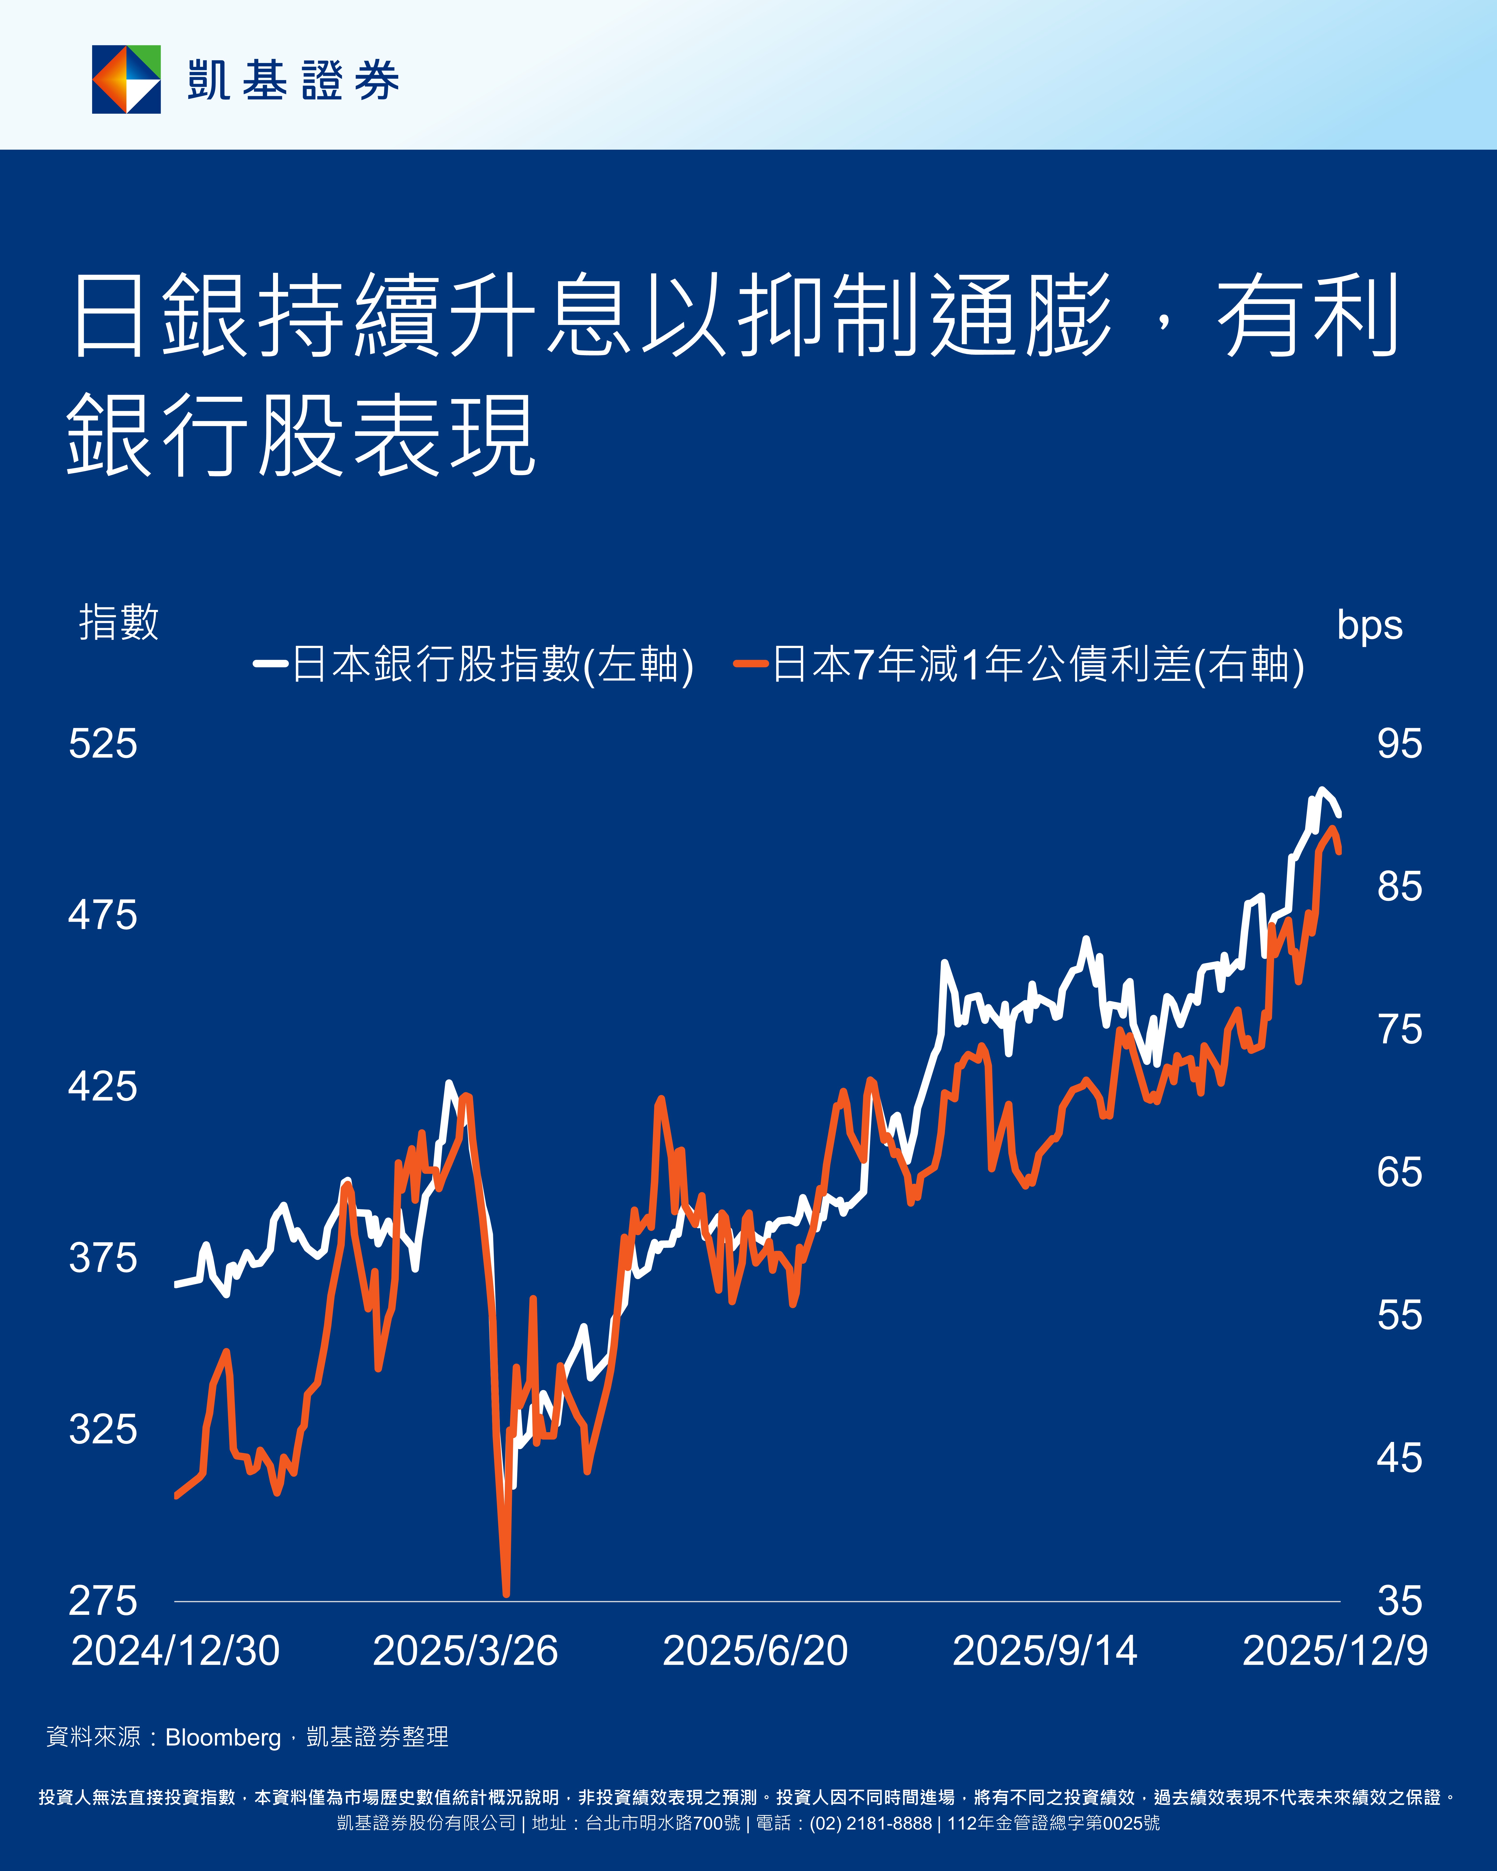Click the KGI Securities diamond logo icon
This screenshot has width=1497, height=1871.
click(127, 79)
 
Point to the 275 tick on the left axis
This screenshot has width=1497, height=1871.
click(102, 1601)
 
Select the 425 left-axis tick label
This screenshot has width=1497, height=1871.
click(102, 1086)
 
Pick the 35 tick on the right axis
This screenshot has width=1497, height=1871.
click(1399, 1601)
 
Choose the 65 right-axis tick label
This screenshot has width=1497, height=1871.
click(1399, 1172)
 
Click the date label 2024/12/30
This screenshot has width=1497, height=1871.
click(175, 1651)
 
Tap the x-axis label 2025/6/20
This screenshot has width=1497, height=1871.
click(755, 1651)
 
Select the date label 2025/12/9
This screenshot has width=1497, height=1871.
click(1335, 1651)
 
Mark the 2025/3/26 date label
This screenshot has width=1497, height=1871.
click(465, 1651)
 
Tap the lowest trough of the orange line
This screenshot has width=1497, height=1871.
click(506, 1593)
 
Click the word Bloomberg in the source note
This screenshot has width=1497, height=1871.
click(223, 1737)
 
